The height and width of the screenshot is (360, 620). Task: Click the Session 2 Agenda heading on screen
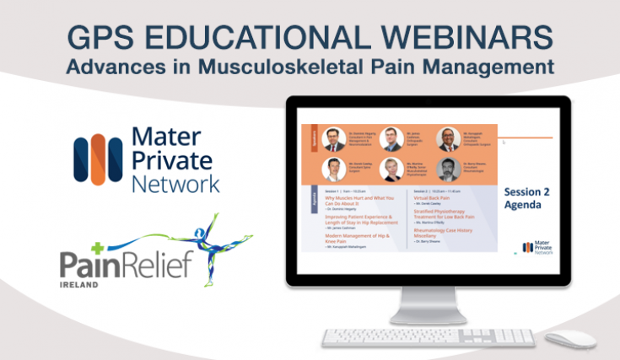click(x=526, y=196)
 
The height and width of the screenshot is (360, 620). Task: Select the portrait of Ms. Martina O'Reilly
click(x=389, y=169)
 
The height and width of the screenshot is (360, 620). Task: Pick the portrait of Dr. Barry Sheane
click(x=447, y=169)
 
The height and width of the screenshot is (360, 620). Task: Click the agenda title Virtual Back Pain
click(x=444, y=197)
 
